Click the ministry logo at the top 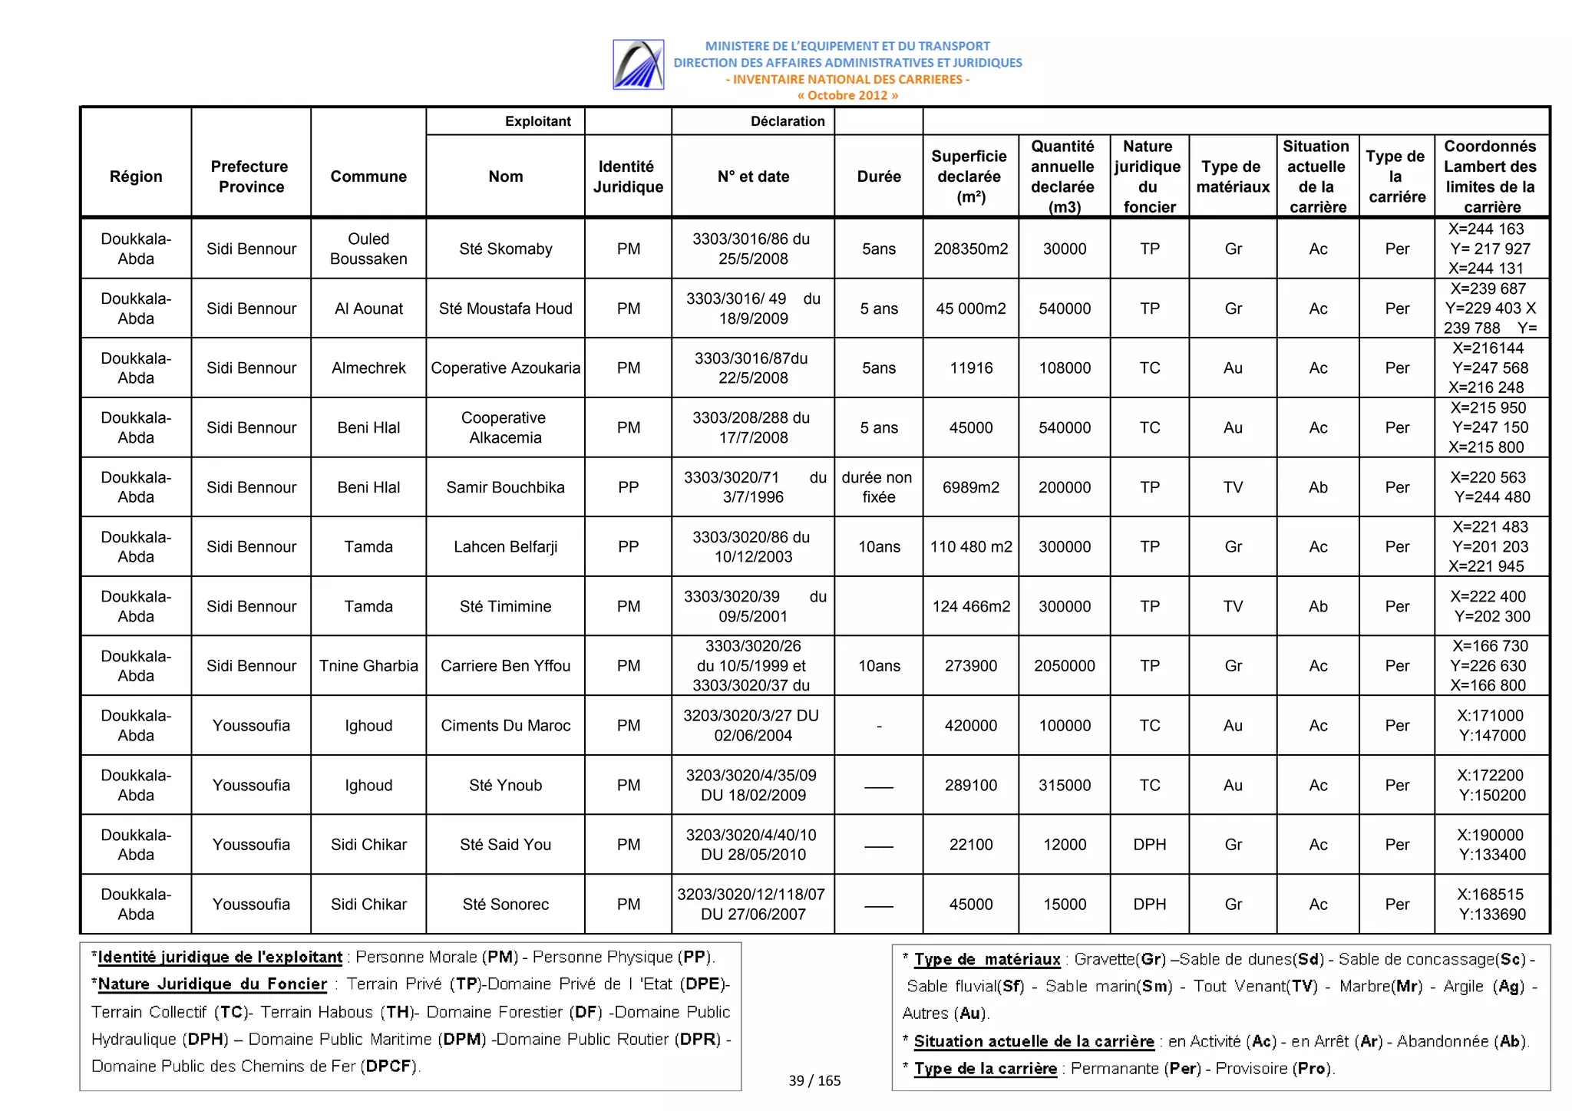click(x=638, y=64)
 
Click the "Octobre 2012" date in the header click(x=847, y=96)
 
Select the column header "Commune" click(x=368, y=176)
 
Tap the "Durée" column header click(x=878, y=176)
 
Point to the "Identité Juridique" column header click(x=628, y=176)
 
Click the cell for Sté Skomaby click(x=505, y=249)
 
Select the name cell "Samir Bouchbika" click(x=505, y=487)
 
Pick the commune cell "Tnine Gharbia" click(x=368, y=666)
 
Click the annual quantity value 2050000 click(x=1064, y=666)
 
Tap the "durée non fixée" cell click(x=878, y=487)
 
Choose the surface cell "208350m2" click(x=970, y=249)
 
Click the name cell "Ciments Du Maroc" click(x=505, y=726)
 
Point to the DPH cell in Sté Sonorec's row click(x=1149, y=905)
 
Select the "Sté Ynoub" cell click(x=505, y=786)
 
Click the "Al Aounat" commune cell click(x=368, y=308)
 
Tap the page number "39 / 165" click(x=814, y=1081)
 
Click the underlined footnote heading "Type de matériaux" click(x=987, y=960)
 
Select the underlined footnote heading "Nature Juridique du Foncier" click(x=213, y=984)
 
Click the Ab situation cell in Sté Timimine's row click(x=1317, y=607)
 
